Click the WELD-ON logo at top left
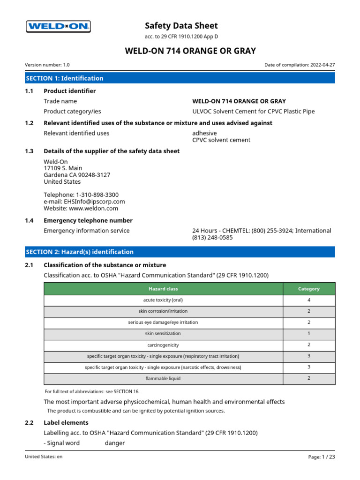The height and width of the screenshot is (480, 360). pyautogui.click(x=58, y=27)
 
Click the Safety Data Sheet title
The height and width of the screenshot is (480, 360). pyautogui.click(x=181, y=26)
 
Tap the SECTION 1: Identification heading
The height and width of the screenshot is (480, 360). pyautogui.click(x=65, y=78)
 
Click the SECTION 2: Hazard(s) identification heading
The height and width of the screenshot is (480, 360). pyautogui.click(x=80, y=252)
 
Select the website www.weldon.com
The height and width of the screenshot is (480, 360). pyautogui.click(x=96, y=208)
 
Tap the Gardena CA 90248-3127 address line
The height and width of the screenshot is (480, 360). pyautogui.click(x=77, y=175)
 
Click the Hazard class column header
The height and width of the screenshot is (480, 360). pyautogui.click(x=163, y=289)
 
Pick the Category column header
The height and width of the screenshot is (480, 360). pyautogui.click(x=309, y=289)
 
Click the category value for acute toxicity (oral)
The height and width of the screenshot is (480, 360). pyautogui.click(x=309, y=300)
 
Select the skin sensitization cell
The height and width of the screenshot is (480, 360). pyautogui.click(x=163, y=334)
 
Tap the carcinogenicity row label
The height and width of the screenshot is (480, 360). pyautogui.click(x=163, y=345)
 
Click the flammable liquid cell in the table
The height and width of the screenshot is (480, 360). pyautogui.click(x=163, y=378)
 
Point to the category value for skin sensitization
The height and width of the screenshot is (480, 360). pyautogui.click(x=309, y=334)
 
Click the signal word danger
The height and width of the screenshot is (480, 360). pyautogui.click(x=115, y=443)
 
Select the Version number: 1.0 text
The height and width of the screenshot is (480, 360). pyautogui.click(x=47, y=65)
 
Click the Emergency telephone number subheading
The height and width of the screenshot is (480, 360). pyautogui.click(x=88, y=220)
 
